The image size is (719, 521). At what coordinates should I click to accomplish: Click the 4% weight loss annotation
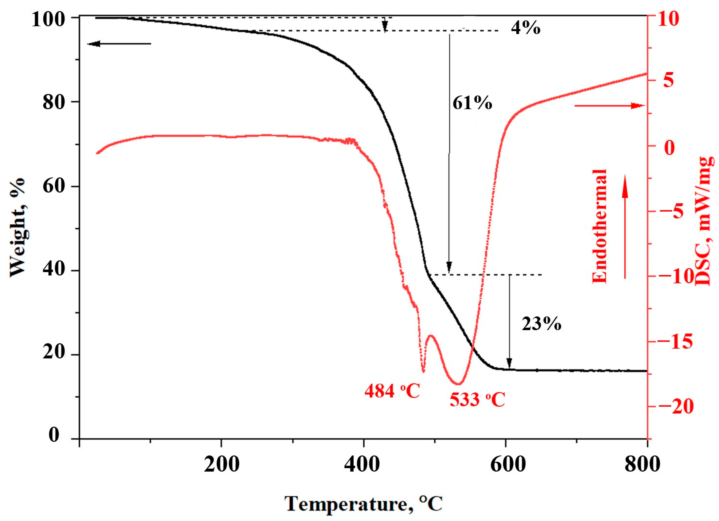(525, 29)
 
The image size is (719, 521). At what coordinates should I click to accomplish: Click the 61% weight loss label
(472, 103)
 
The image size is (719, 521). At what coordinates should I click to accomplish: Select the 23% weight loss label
(542, 324)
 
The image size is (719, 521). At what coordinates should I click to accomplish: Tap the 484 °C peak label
(392, 391)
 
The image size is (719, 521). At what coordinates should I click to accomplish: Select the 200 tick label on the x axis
(221, 465)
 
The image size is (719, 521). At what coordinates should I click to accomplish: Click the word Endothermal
(599, 226)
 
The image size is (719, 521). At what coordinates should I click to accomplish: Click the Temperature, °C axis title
(363, 503)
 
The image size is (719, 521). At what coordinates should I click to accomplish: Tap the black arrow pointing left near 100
(119, 44)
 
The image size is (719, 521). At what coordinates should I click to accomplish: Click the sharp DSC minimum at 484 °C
(423, 371)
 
